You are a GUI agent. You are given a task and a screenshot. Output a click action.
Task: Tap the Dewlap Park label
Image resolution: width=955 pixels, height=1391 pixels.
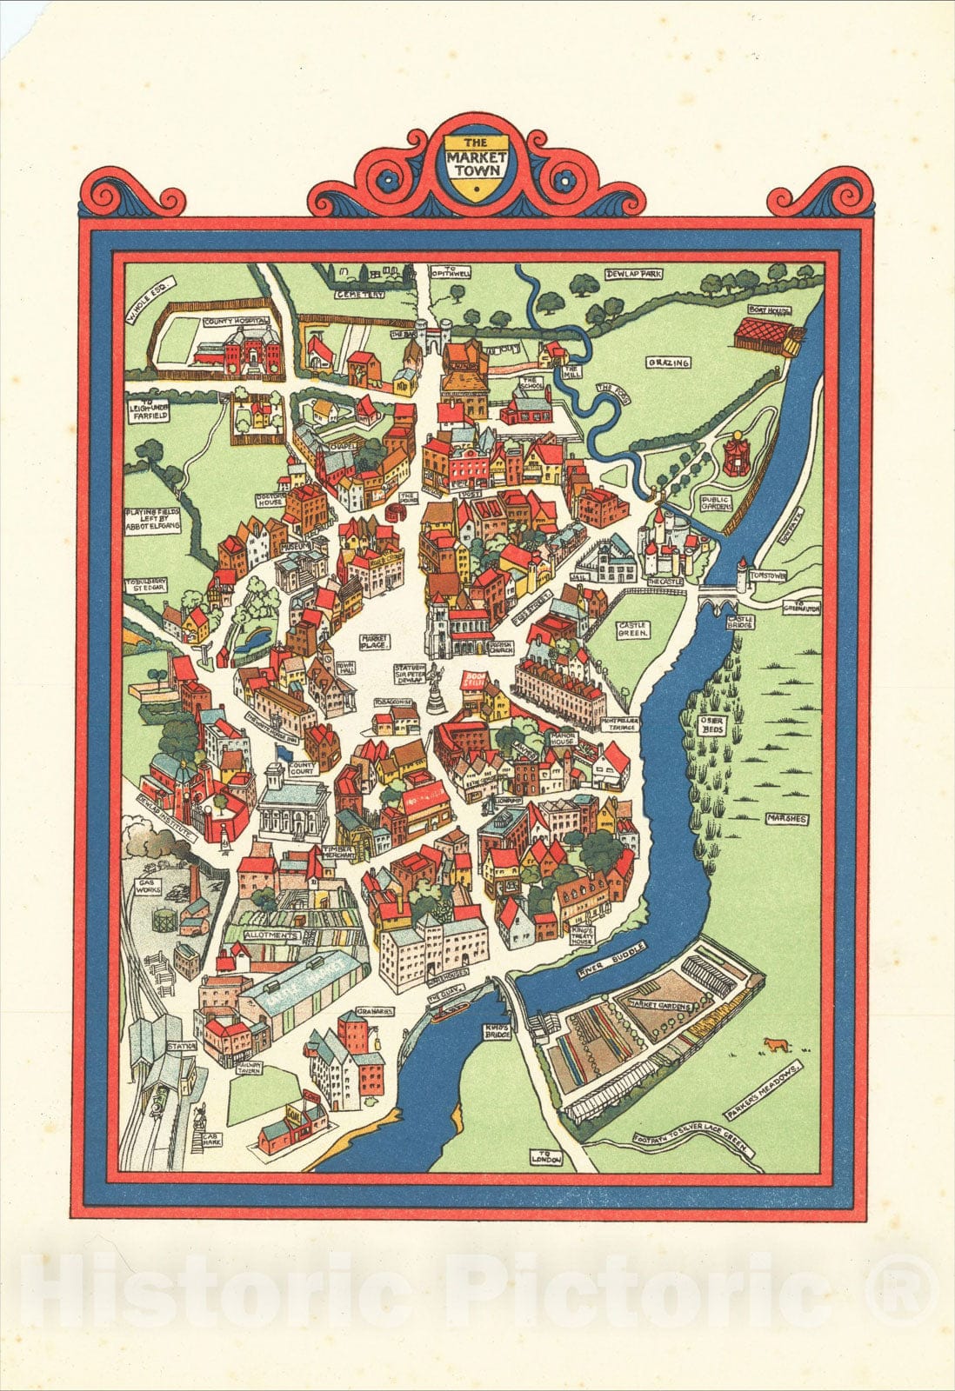[634, 274]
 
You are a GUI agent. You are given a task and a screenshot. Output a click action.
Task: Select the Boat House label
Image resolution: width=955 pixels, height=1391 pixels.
[764, 308]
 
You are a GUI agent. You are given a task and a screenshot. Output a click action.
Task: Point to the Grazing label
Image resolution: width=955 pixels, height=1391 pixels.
[667, 362]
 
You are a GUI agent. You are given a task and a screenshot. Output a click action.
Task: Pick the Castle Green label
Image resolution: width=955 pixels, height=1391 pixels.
[632, 629]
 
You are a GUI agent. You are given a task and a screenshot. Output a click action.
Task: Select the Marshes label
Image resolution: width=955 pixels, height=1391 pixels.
[786, 818]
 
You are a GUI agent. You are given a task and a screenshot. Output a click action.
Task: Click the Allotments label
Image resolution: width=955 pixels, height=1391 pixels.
[271, 936]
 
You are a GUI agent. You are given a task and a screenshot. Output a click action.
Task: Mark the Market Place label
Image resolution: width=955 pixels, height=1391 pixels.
[376, 642]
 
